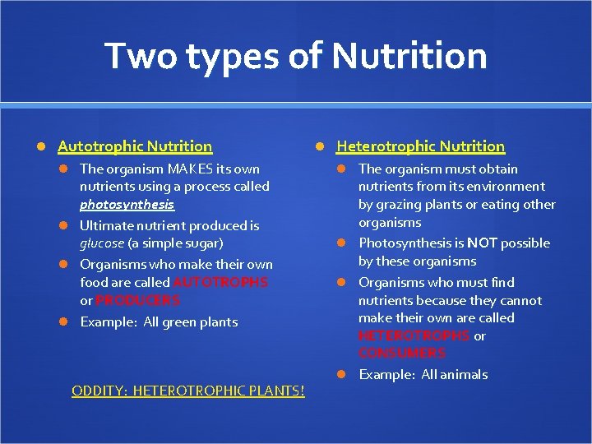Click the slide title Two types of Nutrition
pyautogui.click(x=296, y=57)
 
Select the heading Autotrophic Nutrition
pyautogui.click(x=135, y=146)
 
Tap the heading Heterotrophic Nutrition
pyautogui.click(x=420, y=146)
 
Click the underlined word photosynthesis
pyautogui.click(x=127, y=204)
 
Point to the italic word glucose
pyautogui.click(x=102, y=243)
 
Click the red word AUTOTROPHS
pyautogui.click(x=220, y=282)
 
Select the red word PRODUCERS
pyautogui.click(x=137, y=300)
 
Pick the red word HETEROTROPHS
pyautogui.click(x=414, y=335)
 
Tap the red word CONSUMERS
pyautogui.click(x=402, y=353)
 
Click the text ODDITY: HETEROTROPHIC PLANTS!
pyautogui.click(x=187, y=391)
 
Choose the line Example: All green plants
pyautogui.click(x=159, y=321)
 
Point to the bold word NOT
pyautogui.click(x=482, y=243)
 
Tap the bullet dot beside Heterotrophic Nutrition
pyautogui.click(x=321, y=146)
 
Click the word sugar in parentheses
pyautogui.click(x=205, y=243)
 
